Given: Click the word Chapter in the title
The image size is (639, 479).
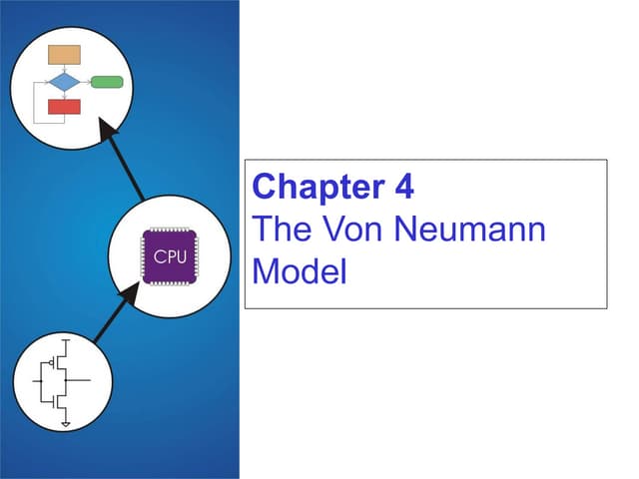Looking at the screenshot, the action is click(319, 187).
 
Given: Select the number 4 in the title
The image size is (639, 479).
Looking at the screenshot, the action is click(404, 186).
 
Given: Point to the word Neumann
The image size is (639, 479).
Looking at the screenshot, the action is click(470, 229).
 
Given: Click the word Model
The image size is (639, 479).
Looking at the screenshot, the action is click(300, 270).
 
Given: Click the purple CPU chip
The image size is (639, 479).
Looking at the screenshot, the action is click(170, 256).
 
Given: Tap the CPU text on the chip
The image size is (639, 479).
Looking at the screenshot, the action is click(170, 257).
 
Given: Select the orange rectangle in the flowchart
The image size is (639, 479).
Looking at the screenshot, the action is click(64, 55).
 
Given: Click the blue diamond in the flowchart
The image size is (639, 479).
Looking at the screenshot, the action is click(64, 82).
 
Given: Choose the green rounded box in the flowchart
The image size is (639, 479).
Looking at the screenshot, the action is click(107, 82).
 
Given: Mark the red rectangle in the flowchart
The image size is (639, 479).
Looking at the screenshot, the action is click(64, 107).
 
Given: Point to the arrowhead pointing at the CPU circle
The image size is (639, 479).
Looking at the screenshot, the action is click(130, 293).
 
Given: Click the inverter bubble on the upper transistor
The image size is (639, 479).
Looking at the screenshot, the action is click(52, 362).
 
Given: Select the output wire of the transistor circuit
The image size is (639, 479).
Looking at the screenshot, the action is click(78, 380).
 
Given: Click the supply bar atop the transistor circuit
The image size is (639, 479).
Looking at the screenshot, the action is click(66, 339).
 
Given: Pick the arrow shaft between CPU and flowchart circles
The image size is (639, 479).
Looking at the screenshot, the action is click(127, 169).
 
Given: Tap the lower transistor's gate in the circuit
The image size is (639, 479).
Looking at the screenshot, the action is click(53, 401).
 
